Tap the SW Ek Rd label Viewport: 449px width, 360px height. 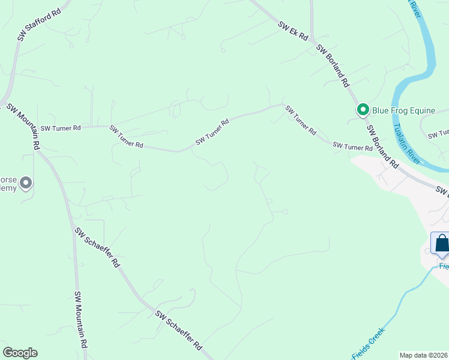pos(293,32)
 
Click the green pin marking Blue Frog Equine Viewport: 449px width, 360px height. pos(363,110)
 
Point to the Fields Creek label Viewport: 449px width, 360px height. pos(367,344)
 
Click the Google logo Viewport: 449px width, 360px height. pos(20,353)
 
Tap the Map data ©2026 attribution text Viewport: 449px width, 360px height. pos(423,355)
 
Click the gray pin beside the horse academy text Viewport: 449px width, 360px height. pos(26,182)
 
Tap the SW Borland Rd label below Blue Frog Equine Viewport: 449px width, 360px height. pos(382,146)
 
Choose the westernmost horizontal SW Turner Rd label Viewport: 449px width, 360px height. pos(61,128)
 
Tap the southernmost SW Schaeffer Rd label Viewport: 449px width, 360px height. pos(179,331)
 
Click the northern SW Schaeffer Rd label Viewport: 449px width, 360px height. pos(97,247)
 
